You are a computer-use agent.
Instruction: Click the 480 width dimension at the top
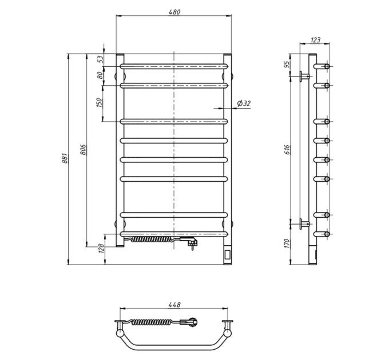point(174,12)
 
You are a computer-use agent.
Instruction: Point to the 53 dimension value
point(100,59)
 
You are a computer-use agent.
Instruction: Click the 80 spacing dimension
point(100,75)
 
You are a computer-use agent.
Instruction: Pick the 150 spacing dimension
point(99,103)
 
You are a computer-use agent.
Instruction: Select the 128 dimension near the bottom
point(101,248)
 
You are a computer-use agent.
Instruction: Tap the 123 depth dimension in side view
point(315,39)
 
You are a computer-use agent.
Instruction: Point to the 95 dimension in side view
point(287,65)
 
